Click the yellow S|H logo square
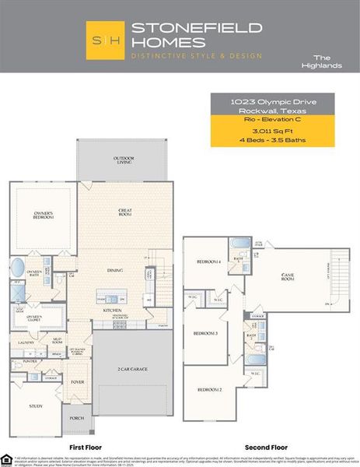point(105,40)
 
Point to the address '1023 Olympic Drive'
point(272,101)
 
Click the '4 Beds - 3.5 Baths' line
point(272,140)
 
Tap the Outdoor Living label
point(123,160)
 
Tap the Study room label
point(36,406)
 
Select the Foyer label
point(79,382)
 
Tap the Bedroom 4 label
point(208,262)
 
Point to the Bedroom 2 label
point(208,388)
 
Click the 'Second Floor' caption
point(266,448)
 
